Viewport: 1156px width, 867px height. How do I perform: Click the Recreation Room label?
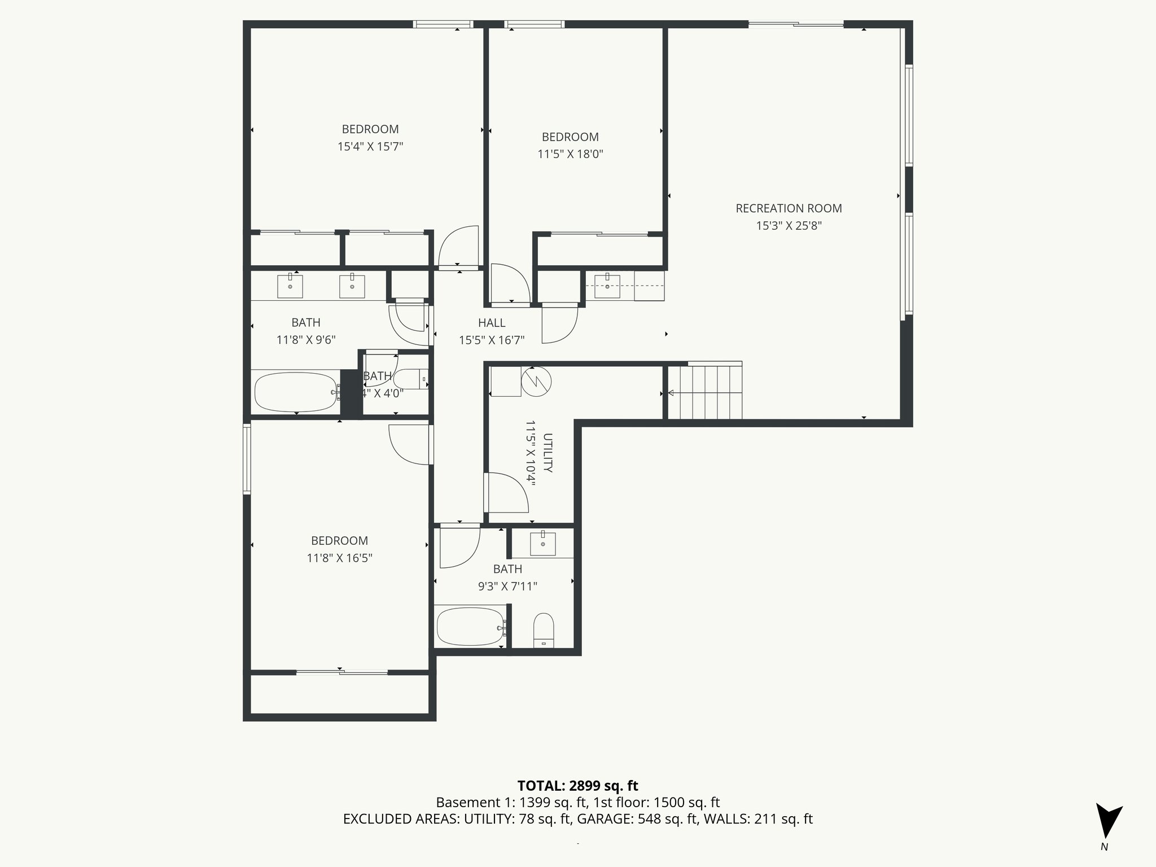click(789, 208)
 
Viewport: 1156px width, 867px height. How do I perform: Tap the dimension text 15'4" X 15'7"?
click(370, 147)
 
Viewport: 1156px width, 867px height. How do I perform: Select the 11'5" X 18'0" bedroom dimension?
click(570, 154)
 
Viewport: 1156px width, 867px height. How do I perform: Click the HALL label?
click(492, 323)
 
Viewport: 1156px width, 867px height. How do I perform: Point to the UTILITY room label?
click(547, 453)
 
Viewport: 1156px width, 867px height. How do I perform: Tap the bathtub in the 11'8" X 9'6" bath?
click(295, 392)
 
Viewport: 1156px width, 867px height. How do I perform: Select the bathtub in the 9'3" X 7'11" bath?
click(470, 627)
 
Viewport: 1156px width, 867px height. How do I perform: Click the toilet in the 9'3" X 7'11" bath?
click(544, 629)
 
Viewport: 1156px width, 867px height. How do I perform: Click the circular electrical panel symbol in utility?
click(536, 382)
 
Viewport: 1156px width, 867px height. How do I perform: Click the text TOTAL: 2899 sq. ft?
click(577, 786)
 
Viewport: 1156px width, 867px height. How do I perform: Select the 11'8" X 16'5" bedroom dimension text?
click(339, 558)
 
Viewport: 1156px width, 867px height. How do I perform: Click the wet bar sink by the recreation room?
click(607, 286)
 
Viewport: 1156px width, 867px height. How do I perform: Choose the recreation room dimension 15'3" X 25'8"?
click(789, 226)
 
